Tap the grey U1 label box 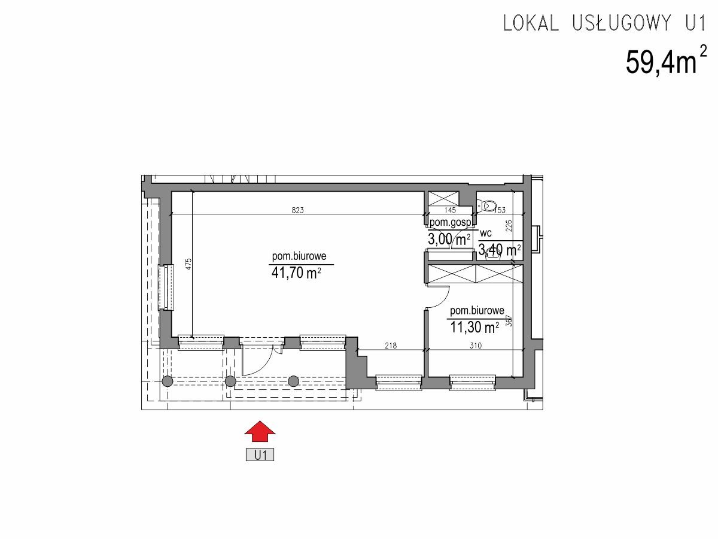click(260, 455)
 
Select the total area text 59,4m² click(666, 60)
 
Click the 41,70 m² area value click(296, 272)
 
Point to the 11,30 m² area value click(474, 327)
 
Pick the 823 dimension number click(297, 210)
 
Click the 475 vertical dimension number click(188, 265)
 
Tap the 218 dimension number click(391, 346)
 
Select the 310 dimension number click(476, 346)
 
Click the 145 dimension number click(450, 210)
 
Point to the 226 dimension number click(509, 226)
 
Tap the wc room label click(486, 234)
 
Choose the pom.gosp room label click(451, 223)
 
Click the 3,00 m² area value click(449, 240)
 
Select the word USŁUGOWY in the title click(622, 23)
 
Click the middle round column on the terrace click(230, 381)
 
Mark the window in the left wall click(166, 287)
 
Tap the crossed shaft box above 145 click(443, 199)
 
